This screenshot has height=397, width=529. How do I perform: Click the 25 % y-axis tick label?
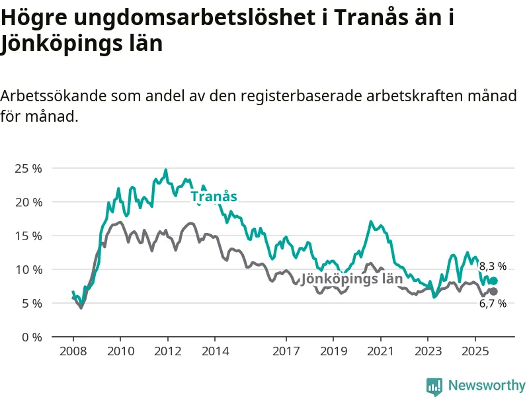point(28,168)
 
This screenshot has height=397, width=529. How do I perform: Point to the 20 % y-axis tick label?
point(28,202)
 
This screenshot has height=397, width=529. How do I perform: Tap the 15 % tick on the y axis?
point(28,236)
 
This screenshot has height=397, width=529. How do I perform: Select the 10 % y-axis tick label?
point(28,269)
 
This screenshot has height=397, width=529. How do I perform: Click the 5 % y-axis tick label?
point(30,303)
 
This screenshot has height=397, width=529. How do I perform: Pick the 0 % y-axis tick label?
point(30,337)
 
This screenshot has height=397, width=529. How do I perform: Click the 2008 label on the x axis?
point(73,351)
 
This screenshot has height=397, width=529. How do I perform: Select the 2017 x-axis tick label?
point(286,351)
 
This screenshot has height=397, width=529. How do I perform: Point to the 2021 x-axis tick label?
point(380,351)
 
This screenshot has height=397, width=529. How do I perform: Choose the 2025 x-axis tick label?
point(475,351)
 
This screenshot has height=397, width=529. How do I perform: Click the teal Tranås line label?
point(214,197)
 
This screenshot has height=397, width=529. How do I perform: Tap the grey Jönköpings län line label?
point(352,279)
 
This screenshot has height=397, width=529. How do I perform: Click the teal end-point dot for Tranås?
point(493,281)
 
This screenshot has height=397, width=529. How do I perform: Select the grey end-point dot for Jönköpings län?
point(493,291)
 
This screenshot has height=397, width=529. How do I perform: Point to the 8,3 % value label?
point(493,267)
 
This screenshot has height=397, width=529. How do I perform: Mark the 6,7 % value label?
point(493,304)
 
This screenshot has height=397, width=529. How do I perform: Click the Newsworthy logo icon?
point(434,386)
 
